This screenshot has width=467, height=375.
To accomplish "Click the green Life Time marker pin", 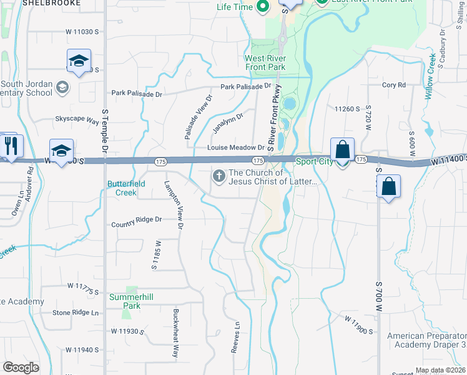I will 262,7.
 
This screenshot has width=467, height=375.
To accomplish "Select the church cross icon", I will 219,177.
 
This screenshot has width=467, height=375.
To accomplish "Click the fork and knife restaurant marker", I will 11,146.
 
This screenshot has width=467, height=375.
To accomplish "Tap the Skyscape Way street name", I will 77,119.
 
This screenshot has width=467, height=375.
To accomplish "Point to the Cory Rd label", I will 393,85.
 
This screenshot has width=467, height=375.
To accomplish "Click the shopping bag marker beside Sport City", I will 342,151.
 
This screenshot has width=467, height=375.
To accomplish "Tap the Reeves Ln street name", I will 236,337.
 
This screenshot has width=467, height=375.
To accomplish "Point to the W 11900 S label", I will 358,324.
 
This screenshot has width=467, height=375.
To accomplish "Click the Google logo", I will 21,367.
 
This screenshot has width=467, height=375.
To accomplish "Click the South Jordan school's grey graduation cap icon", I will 62,87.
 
